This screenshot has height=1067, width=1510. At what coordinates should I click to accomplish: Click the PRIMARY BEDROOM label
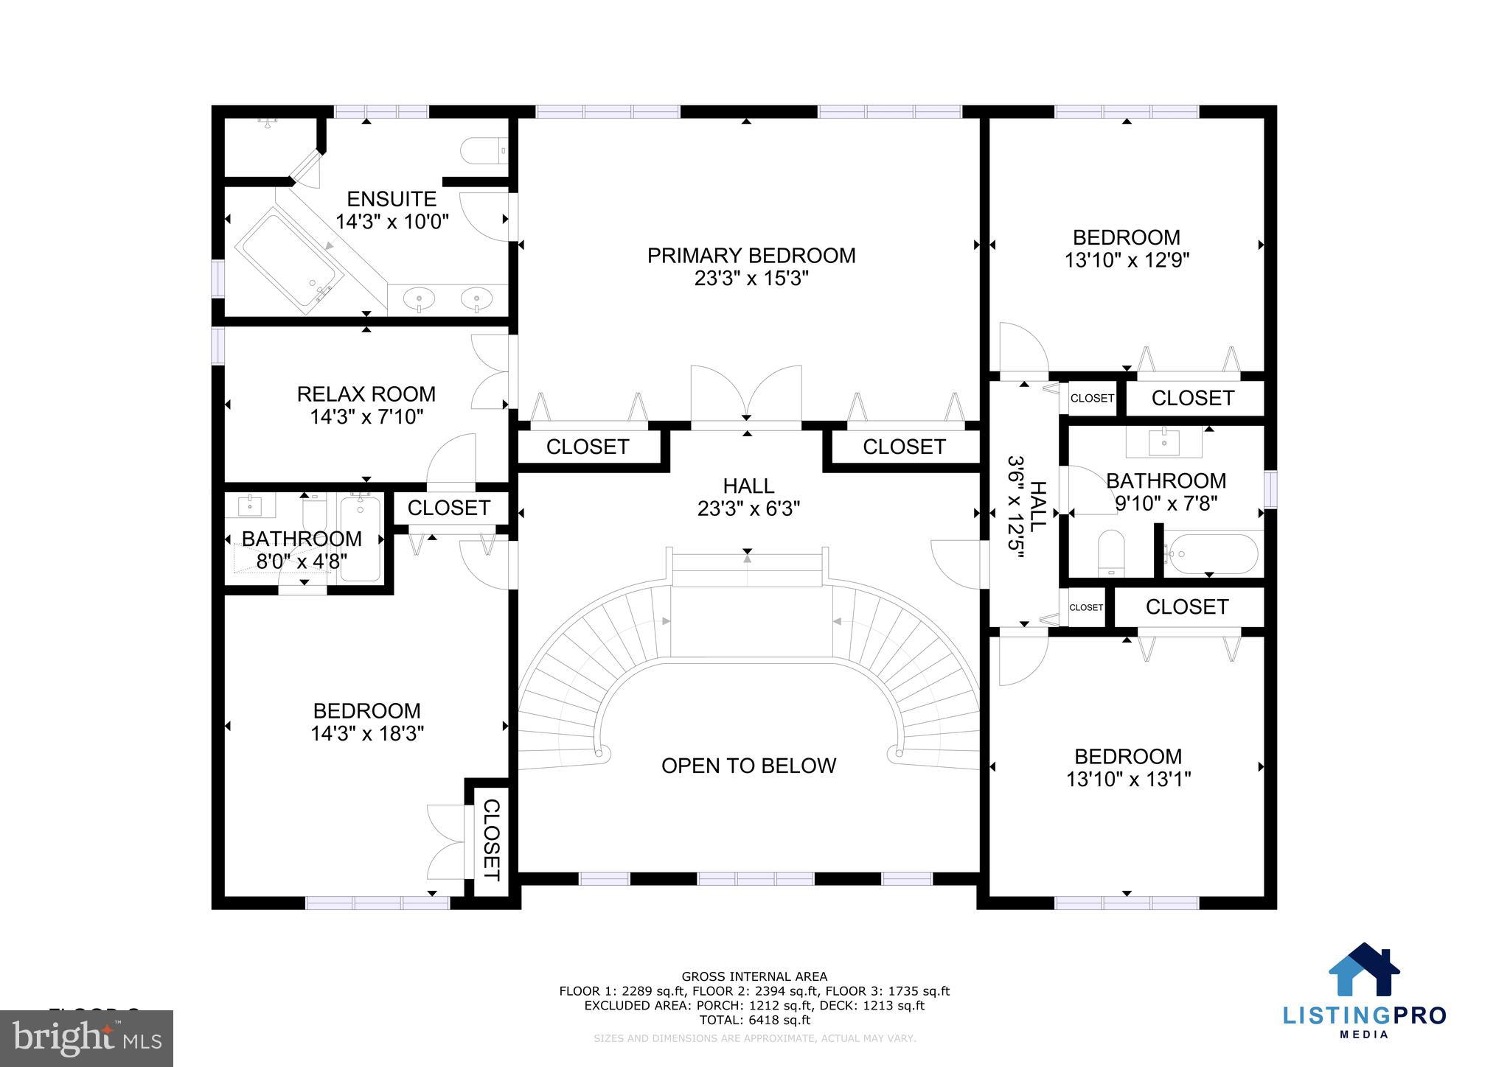pos(751,256)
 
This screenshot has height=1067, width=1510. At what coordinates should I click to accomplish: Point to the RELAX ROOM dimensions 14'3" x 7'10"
pos(366,417)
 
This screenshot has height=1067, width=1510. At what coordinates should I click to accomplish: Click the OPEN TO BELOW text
pos(748,766)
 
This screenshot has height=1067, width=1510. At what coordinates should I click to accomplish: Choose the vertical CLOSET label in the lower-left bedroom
pos(491,840)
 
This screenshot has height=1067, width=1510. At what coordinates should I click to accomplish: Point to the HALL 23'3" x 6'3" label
pos(748,497)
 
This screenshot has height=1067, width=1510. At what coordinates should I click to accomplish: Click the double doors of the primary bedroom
pos(746,396)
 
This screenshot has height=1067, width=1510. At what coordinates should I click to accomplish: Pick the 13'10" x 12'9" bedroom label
pos(1126,248)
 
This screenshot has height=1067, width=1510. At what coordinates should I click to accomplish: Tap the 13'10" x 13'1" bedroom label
pos(1127,767)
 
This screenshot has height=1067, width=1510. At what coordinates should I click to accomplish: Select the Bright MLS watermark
pos(86,1038)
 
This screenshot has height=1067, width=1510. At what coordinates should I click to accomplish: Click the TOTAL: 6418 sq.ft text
pos(754,1020)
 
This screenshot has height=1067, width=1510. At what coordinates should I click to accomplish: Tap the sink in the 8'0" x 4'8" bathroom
pos(250,505)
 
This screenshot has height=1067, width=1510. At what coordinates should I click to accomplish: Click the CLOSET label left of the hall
pos(587,447)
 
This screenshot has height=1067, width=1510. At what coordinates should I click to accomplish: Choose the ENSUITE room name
pos(392,199)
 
